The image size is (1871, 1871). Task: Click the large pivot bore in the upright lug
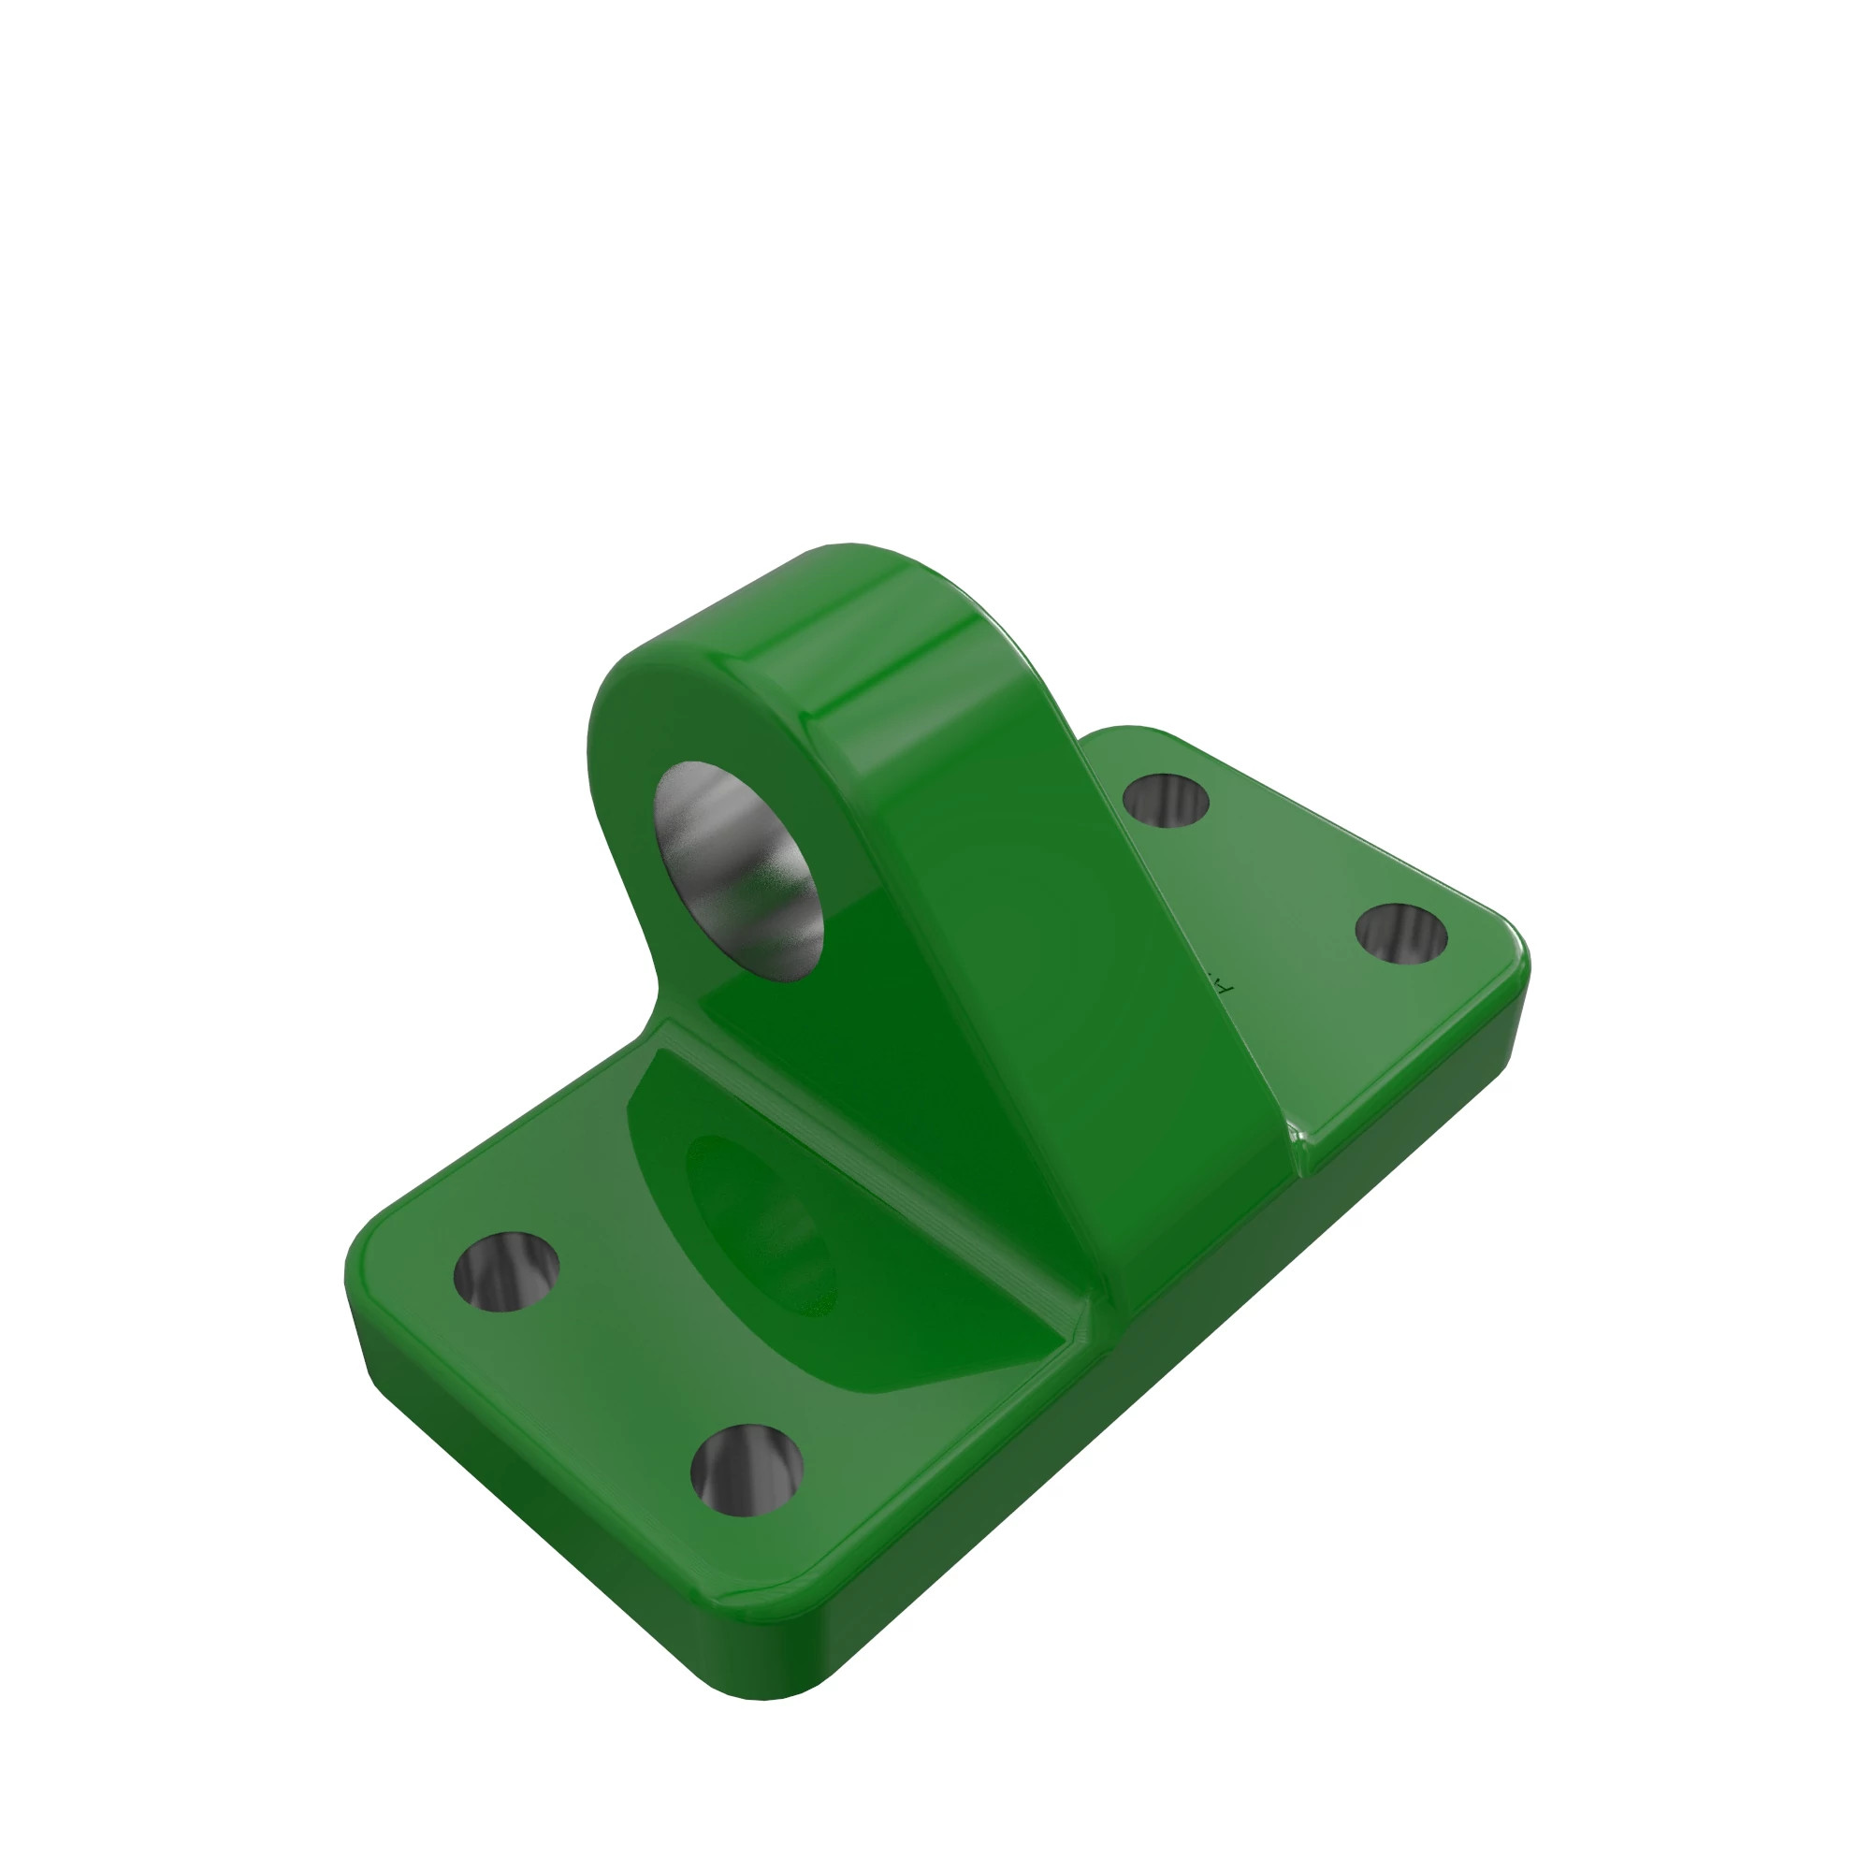[x=740, y=872]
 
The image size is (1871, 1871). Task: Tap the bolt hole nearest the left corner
[x=505, y=1271]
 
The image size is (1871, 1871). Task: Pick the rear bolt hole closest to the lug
[x=1166, y=801]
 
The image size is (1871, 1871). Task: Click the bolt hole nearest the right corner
[x=1400, y=935]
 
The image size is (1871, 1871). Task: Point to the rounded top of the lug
[x=852, y=572]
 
